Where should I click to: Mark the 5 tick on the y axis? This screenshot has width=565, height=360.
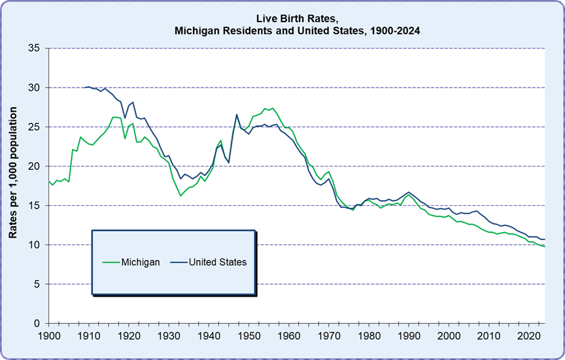point(37,284)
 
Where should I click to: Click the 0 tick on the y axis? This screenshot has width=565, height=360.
point(37,323)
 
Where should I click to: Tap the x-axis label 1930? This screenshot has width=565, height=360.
point(169,335)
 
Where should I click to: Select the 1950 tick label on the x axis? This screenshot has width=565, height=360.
point(248,335)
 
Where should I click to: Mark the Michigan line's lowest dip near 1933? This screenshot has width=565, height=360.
point(180,195)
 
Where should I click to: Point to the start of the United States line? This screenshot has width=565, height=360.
point(85,87)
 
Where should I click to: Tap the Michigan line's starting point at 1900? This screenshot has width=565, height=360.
point(48,181)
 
